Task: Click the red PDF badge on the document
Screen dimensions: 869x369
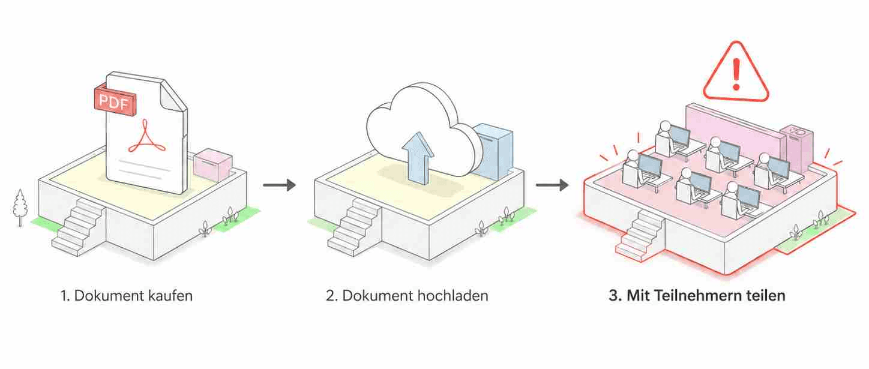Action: (115, 101)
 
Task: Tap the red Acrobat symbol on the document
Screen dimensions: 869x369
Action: (146, 137)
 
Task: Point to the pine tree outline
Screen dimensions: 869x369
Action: (19, 208)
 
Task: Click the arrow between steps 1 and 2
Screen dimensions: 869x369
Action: (279, 185)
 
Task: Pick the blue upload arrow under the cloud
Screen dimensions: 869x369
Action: (418, 158)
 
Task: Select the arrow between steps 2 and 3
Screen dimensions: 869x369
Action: (553, 185)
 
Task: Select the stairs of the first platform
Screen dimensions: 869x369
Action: (79, 227)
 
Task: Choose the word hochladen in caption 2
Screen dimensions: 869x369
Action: (453, 296)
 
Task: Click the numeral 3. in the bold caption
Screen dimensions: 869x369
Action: (615, 296)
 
